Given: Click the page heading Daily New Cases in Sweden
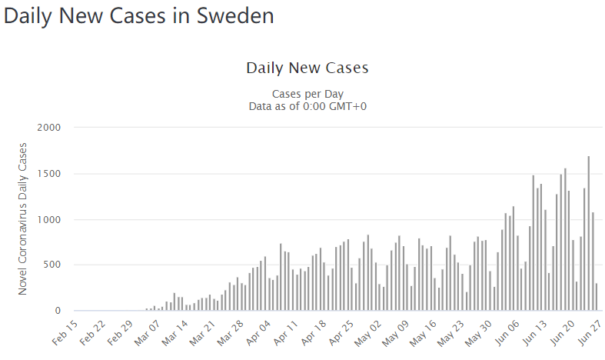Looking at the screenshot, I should pyautogui.click(x=138, y=16).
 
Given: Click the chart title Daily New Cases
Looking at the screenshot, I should pyautogui.click(x=307, y=68).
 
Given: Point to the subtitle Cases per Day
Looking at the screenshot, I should pyautogui.click(x=307, y=94).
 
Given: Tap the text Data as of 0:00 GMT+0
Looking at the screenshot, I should pyautogui.click(x=307, y=106).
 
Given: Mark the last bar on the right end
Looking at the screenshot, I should pyautogui.click(x=597, y=297).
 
